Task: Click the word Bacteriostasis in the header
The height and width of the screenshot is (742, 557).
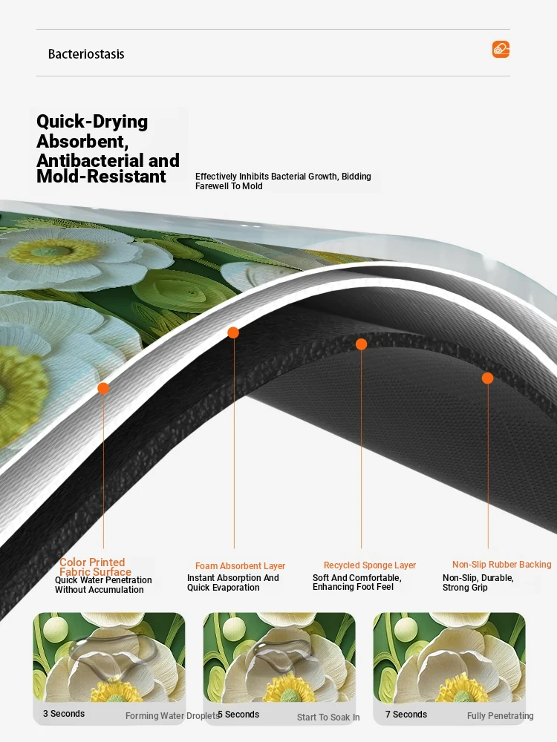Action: (86, 54)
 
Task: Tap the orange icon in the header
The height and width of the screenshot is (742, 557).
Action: (501, 49)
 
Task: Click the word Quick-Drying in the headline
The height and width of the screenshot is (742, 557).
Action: (92, 122)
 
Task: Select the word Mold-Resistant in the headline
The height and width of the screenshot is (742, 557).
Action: (101, 176)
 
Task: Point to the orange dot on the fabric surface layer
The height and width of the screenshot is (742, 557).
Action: (103, 389)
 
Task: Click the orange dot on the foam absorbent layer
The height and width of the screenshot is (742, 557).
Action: (233, 332)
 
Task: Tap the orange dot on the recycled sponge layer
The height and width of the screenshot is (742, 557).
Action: (362, 344)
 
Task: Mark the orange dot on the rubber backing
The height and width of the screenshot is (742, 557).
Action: (487, 378)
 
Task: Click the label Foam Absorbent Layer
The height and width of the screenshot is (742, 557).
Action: (240, 566)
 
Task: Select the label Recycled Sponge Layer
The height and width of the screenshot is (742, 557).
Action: (370, 565)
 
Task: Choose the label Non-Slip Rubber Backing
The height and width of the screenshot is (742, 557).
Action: (501, 565)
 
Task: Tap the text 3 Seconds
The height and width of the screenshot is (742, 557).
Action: (64, 714)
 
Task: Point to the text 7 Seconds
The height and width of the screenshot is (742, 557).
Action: (406, 715)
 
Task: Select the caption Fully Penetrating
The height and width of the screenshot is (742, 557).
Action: (500, 716)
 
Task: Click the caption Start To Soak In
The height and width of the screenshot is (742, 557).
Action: (328, 718)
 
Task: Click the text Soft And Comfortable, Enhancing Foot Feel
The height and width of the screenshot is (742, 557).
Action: (357, 582)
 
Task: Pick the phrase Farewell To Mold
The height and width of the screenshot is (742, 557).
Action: (229, 186)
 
